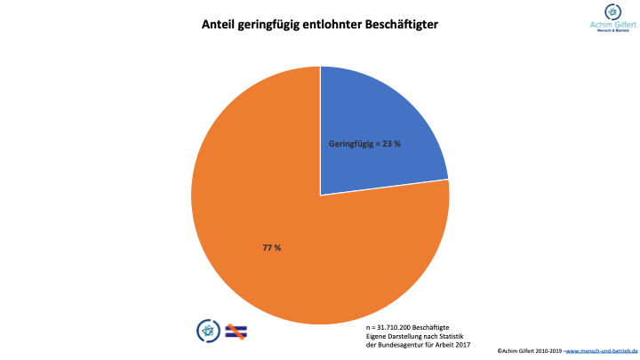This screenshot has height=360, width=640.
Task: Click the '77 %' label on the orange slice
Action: tap(272, 247)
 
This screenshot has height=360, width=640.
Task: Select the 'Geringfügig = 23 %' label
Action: tap(364, 144)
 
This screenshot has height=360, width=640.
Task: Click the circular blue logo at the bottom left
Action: tap(206, 330)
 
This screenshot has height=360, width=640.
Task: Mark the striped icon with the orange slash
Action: tap(236, 330)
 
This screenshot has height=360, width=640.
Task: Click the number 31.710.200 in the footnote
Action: tap(401, 328)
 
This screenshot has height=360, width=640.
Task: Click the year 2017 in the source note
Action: tap(460, 344)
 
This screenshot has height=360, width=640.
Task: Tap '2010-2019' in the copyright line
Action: tap(546, 352)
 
